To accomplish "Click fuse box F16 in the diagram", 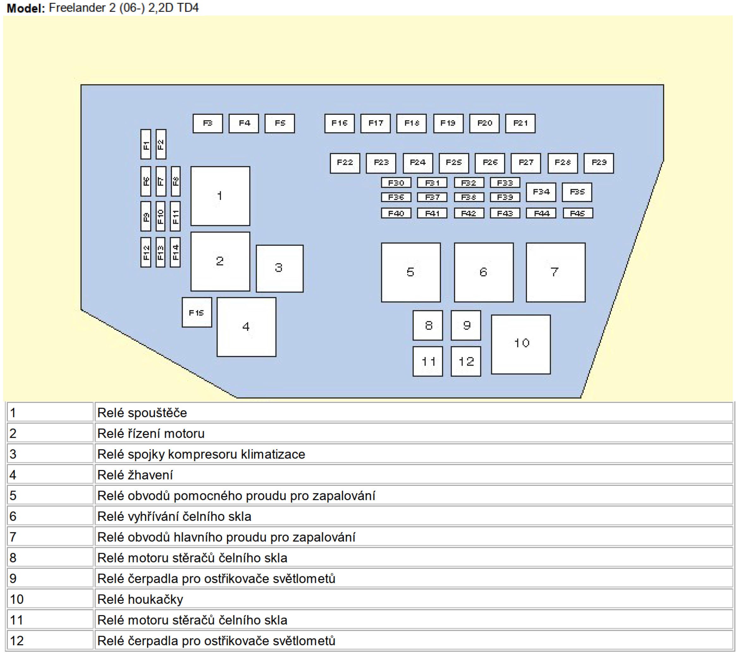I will click(339, 123).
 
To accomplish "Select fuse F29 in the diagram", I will click(598, 163).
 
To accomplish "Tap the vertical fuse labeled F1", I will click(146, 144).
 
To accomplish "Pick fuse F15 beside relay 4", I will click(197, 313).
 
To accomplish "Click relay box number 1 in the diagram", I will click(220, 196).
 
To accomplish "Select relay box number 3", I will click(279, 268).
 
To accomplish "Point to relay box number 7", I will click(555, 272).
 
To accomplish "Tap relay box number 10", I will click(521, 344).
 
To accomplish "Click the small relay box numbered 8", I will click(428, 325).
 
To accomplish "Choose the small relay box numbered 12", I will click(466, 361).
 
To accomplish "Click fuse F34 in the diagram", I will click(541, 192).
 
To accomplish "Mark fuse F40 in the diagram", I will click(396, 213).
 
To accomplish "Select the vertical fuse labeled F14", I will click(175, 252).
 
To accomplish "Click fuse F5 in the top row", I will click(279, 123).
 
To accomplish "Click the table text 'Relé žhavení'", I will click(135, 475).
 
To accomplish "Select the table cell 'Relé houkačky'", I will click(140, 599).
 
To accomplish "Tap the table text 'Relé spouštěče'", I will click(142, 413).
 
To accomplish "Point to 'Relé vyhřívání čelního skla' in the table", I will click(174, 517).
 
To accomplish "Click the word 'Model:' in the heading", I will click(26, 8).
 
